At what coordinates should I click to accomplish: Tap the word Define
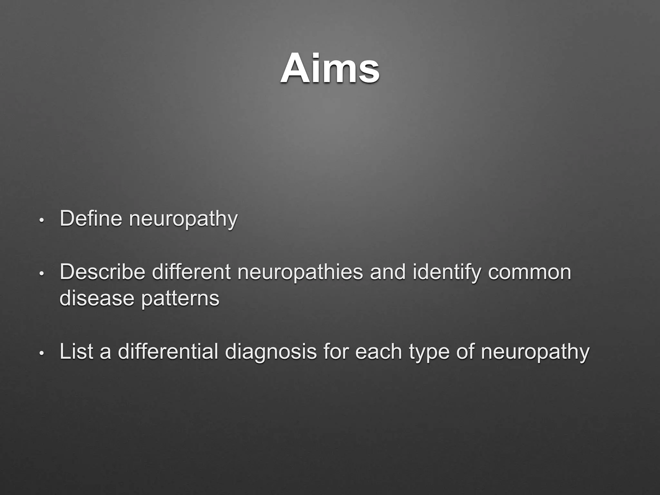coord(91,218)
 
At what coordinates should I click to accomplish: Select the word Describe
coord(102,272)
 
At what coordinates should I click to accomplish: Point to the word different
coord(191,272)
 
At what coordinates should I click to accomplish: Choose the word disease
coord(97,298)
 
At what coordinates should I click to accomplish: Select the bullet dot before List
coord(41,354)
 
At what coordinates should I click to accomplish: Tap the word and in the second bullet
coord(388,272)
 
